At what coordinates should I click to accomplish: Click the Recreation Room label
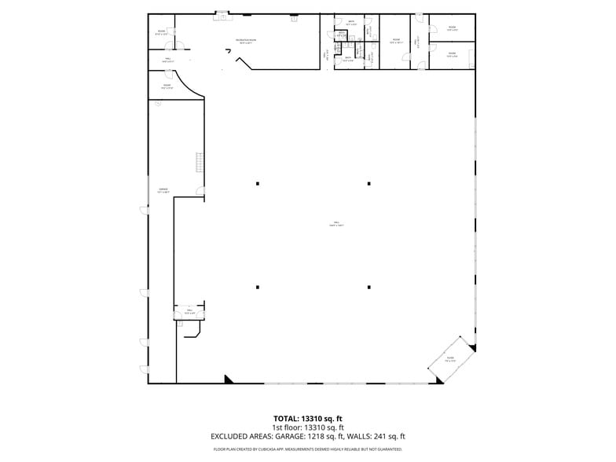[x=247, y=41]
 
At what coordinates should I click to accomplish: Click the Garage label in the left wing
[x=163, y=190]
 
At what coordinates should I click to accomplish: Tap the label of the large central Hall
[x=337, y=225]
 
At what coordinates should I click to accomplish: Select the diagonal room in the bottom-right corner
[x=451, y=361]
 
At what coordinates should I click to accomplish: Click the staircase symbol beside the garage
[x=200, y=163]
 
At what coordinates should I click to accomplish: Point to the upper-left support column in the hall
[x=257, y=184]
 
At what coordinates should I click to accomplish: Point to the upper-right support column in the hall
[x=368, y=184]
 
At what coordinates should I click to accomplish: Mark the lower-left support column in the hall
[x=257, y=286]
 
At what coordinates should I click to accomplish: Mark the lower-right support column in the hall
[x=368, y=286]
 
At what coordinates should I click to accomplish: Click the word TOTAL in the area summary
[x=286, y=419]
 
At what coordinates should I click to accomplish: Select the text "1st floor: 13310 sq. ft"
[x=308, y=427]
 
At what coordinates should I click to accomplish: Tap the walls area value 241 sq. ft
[x=390, y=436]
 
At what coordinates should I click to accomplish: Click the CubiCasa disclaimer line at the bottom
[x=308, y=449]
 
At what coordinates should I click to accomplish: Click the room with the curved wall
[x=167, y=86]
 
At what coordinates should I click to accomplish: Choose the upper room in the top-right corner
[x=452, y=28]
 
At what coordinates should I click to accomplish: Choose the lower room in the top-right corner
[x=452, y=54]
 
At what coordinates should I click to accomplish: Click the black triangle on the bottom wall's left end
[x=229, y=379]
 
